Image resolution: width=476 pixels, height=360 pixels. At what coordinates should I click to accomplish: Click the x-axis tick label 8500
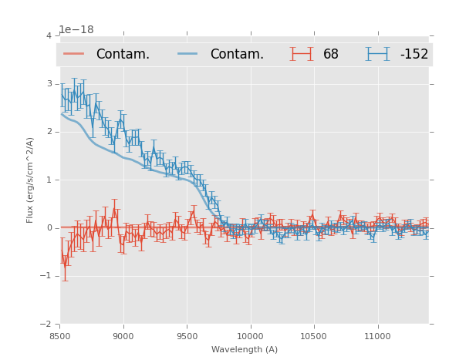(x=59, y=336)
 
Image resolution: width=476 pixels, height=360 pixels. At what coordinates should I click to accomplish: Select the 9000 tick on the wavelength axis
(x=123, y=336)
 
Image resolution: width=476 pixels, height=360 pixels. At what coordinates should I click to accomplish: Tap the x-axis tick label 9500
(x=187, y=336)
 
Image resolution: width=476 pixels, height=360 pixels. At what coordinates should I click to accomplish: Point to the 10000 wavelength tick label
(x=250, y=336)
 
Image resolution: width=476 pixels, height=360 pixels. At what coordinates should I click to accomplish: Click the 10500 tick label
(x=314, y=336)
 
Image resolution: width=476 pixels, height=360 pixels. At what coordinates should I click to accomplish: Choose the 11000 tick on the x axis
(x=377, y=336)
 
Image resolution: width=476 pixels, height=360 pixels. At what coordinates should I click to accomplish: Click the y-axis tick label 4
(x=49, y=35)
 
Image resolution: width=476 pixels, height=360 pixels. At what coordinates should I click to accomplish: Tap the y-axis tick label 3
(x=49, y=83)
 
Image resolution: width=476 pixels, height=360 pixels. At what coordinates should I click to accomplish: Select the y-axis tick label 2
(x=49, y=132)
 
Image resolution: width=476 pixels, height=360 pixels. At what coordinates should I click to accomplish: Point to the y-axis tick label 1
(x=49, y=180)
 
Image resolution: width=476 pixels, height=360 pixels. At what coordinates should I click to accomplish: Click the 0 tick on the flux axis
(x=49, y=227)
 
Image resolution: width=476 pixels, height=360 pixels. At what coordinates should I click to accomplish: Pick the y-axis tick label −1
(x=47, y=276)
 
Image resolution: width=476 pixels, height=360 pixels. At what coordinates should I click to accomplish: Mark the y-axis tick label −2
(x=47, y=324)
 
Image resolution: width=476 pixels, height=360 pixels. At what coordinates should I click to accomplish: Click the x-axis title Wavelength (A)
(x=245, y=350)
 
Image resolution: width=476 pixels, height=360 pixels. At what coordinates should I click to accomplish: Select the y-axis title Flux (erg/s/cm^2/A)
(x=31, y=180)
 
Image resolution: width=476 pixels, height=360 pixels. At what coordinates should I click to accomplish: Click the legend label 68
(x=331, y=55)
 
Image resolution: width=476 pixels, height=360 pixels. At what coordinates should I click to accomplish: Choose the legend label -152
(x=414, y=55)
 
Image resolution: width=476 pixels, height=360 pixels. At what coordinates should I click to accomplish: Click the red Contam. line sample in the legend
(x=74, y=54)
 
